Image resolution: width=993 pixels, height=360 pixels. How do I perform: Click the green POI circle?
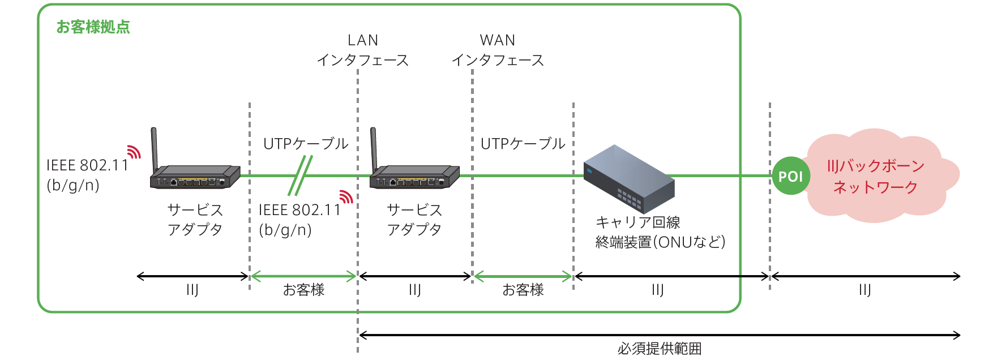click(x=791, y=176)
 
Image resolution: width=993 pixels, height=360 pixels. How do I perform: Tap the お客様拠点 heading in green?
click(x=93, y=27)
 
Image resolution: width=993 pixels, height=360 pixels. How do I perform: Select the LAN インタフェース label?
click(x=363, y=50)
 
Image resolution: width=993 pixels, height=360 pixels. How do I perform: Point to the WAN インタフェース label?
click(x=498, y=50)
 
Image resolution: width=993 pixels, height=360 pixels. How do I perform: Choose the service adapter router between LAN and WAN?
click(x=414, y=176)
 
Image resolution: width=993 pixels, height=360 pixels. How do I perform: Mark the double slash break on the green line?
click(x=300, y=175)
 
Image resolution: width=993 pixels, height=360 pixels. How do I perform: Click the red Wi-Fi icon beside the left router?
click(x=134, y=152)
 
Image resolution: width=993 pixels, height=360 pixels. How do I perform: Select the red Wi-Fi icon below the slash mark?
click(x=346, y=196)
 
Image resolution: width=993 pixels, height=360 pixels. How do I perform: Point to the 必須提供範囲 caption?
click(x=660, y=349)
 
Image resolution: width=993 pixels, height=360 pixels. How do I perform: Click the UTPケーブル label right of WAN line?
click(x=523, y=144)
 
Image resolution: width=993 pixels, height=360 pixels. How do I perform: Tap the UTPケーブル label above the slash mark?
click(x=306, y=144)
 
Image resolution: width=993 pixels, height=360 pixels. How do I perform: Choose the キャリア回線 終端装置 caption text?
click(x=660, y=232)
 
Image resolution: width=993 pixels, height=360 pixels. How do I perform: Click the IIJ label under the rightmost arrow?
click(x=864, y=290)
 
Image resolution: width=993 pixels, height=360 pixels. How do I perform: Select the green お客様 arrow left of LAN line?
click(x=303, y=276)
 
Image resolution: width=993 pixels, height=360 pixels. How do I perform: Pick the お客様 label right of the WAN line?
click(x=523, y=290)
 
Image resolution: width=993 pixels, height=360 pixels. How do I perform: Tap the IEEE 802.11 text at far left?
click(x=88, y=165)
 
